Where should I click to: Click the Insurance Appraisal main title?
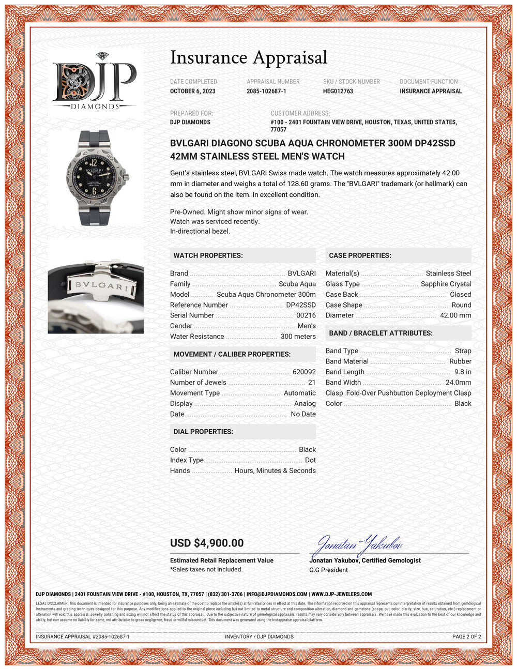(x=249, y=57)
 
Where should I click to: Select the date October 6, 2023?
(x=193, y=91)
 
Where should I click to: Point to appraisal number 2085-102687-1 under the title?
(x=266, y=91)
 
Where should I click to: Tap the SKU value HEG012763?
(x=338, y=91)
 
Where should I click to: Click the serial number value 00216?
(x=306, y=315)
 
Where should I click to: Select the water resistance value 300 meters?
(x=298, y=337)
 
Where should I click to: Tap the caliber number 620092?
(x=304, y=372)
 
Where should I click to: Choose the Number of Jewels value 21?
(x=311, y=383)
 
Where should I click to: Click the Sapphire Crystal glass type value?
(x=446, y=284)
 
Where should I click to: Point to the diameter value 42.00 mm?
(x=455, y=315)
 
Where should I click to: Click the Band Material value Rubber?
(x=460, y=361)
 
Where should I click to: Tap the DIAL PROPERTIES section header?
(x=203, y=432)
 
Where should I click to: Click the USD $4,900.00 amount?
(x=207, y=543)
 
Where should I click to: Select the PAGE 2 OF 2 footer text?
(x=466, y=636)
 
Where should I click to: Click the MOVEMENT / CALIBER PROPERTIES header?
(x=232, y=354)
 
